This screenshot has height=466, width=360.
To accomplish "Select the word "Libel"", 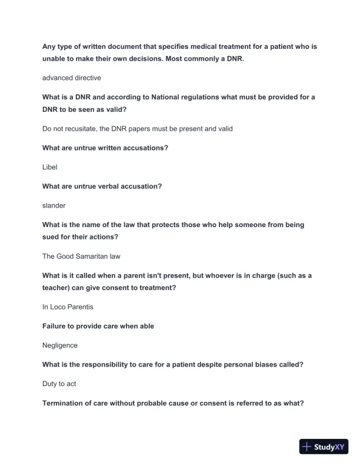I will point(50,167).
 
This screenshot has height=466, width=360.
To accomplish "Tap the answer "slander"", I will point(54,205).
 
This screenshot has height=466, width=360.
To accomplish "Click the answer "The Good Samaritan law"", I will point(81,256).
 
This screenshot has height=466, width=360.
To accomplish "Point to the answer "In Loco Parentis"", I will point(68,307).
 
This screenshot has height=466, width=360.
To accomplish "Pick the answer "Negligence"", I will point(60,345).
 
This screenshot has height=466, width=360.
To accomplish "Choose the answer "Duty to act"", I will point(59,384).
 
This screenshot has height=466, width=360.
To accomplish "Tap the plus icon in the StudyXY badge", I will point(306,447).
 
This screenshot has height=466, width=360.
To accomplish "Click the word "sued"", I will point(52,237).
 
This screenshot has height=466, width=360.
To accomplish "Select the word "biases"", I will point(264,365).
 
